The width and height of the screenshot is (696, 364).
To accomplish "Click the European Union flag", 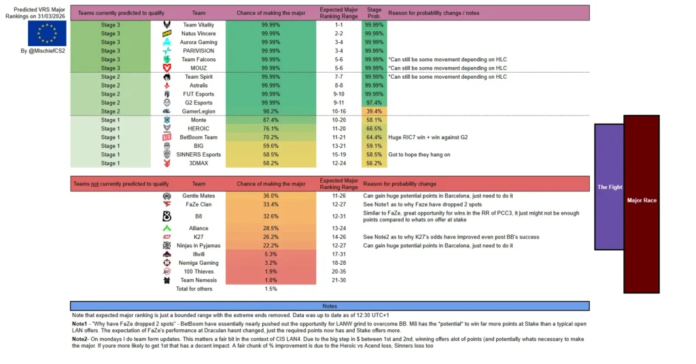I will tap(47, 33).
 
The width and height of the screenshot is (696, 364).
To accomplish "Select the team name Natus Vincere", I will tap(198, 33).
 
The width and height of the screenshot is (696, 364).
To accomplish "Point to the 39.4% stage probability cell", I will tap(374, 111).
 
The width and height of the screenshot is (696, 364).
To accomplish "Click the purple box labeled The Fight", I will tap(610, 187).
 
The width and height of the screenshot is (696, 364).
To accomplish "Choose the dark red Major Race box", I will tap(642, 200).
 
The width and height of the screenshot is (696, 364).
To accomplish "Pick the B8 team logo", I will tap(167, 216).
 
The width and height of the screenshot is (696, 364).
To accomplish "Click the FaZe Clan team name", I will tap(198, 204).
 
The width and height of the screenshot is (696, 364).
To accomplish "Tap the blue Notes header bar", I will tap(330, 306).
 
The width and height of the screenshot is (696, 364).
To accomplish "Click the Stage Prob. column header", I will tap(374, 13).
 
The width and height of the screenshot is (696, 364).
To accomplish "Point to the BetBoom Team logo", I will tap(167, 137).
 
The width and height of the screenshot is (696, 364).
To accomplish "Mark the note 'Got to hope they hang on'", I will tap(419, 155).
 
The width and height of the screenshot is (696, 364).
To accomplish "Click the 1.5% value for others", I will tap(271, 289).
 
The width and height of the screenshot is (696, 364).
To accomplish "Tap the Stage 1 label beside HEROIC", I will tap(110, 128).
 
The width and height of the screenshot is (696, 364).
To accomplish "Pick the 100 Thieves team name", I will tap(198, 271).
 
